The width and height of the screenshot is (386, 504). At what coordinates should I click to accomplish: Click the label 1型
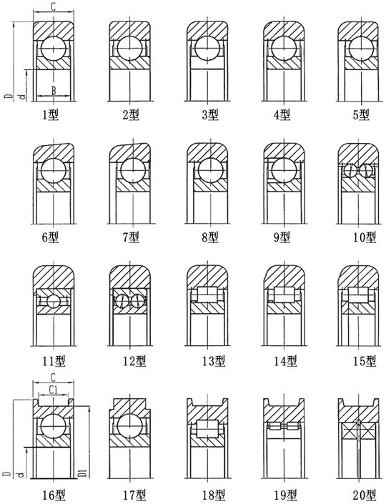[x=51, y=115]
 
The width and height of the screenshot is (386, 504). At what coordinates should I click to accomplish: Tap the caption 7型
[x=131, y=237]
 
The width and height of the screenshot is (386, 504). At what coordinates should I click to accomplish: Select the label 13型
[x=214, y=361]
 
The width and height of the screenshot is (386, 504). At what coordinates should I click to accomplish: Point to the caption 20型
[x=365, y=495]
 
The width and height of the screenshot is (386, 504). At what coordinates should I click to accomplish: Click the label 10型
[x=365, y=237]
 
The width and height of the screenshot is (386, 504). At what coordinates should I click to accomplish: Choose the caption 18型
[x=214, y=495]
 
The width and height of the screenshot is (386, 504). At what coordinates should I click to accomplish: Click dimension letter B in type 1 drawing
[x=54, y=91]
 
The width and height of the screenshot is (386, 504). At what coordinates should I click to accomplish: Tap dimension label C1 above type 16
[x=54, y=390]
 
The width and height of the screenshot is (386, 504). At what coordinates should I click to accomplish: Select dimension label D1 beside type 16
[x=83, y=473]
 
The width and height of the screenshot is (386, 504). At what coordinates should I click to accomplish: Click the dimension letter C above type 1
[x=54, y=7]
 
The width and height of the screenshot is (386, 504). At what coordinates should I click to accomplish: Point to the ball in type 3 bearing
[x=208, y=49]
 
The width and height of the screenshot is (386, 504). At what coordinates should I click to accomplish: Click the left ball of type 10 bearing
[x=350, y=171]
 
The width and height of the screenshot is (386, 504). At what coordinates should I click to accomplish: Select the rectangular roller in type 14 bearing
[x=284, y=295]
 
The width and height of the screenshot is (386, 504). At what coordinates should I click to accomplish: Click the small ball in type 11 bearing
[x=54, y=301]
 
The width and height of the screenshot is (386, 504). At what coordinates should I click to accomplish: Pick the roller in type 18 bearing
[x=208, y=429]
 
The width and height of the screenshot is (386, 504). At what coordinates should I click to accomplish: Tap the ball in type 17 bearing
[x=129, y=426]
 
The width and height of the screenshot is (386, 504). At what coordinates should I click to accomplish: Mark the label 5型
[x=361, y=115]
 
